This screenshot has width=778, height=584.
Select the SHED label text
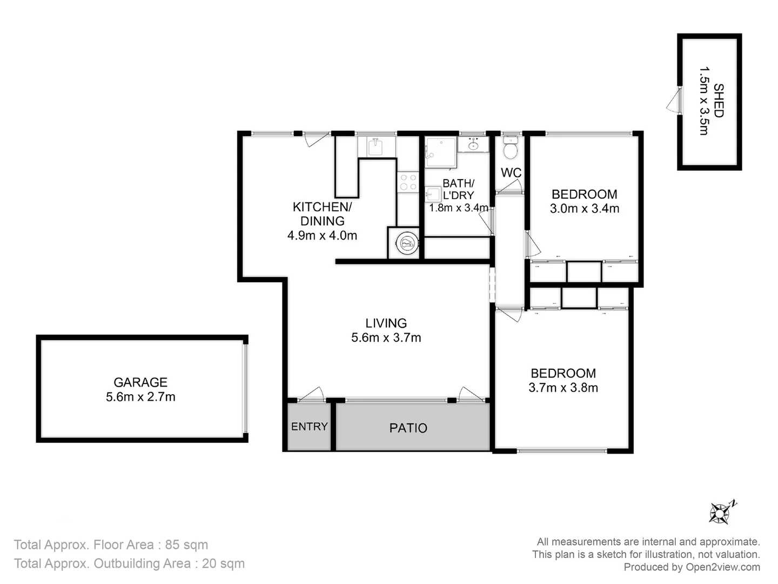tap(718, 101)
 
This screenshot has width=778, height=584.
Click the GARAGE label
tap(140, 382)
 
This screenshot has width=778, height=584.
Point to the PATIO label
tap(408, 428)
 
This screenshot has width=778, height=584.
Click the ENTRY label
tap(309, 427)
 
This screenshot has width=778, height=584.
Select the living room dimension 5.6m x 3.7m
tap(386, 338)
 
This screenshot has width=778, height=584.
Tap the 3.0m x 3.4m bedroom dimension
tap(584, 209)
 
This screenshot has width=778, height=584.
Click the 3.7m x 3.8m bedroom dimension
tap(563, 388)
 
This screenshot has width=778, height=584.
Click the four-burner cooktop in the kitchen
tap(408, 182)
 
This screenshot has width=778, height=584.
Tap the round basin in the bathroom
tap(474, 144)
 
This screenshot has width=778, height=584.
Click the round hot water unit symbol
tap(406, 243)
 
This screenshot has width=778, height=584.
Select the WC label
tap(511, 173)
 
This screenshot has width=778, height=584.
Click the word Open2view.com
tap(723, 567)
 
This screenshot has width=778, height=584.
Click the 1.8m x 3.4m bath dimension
tap(458, 208)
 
